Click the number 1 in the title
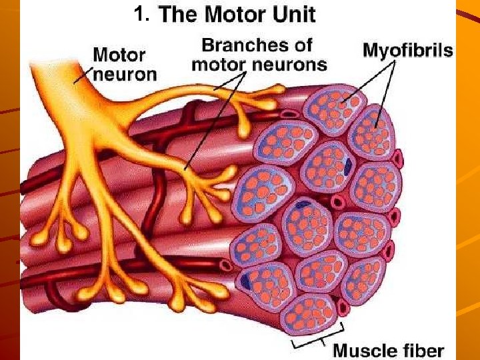tap(137, 13)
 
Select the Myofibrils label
tap(407, 50)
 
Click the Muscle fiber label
tap(388, 349)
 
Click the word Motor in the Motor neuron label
tap(119, 54)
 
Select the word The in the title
tap(180, 13)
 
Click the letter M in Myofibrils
tap(370, 50)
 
